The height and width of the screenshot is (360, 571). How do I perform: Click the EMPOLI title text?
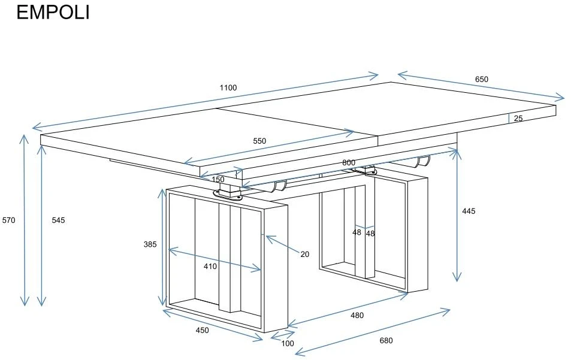[x=53, y=13]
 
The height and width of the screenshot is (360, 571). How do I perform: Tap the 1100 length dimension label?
[x=228, y=87]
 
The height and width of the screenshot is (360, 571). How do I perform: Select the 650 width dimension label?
[x=481, y=79]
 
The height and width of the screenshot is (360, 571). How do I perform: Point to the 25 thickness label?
[x=518, y=118]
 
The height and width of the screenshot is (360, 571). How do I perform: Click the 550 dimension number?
[x=259, y=141]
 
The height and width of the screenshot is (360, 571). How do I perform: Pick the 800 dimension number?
[x=349, y=163]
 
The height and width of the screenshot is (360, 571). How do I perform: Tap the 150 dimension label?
[x=217, y=180]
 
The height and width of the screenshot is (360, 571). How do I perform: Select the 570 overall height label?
[x=9, y=220]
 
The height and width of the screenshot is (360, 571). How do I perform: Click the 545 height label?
[x=58, y=220]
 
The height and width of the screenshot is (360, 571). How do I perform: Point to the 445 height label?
[x=469, y=211]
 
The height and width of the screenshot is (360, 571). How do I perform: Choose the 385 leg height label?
[x=150, y=244]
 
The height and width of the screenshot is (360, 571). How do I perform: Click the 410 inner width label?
[x=210, y=267]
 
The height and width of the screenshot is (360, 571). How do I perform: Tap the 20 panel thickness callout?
[x=305, y=255]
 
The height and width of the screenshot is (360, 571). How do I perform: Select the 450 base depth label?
[x=203, y=330]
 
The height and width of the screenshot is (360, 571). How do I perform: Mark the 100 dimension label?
[x=288, y=343]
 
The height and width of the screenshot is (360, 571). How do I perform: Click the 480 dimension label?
[x=357, y=315]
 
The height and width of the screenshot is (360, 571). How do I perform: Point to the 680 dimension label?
[x=386, y=341]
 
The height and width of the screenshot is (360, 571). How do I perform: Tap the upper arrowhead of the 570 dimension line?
[x=25, y=139]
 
